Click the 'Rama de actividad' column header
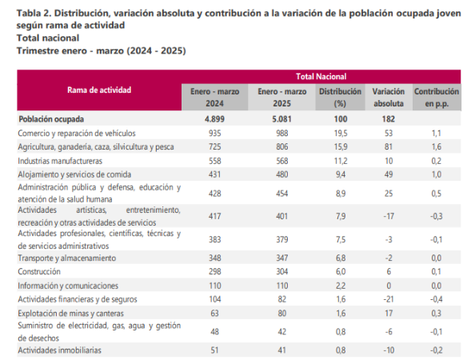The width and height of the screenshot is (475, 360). click(x=99, y=90)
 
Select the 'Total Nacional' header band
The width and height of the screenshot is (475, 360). click(x=321, y=76)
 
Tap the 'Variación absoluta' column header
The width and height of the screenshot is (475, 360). click(x=389, y=98)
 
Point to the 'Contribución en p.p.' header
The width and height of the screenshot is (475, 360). click(x=437, y=98)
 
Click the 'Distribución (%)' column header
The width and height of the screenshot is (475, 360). click(x=340, y=98)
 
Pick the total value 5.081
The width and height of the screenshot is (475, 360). click(x=281, y=118)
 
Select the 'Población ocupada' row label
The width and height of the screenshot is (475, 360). click(x=51, y=119)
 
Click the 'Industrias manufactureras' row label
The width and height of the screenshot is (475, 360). click(x=60, y=161)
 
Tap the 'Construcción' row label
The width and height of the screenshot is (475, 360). click(x=39, y=271)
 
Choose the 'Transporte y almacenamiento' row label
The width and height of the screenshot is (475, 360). click(x=67, y=258)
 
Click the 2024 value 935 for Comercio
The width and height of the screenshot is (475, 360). click(x=215, y=133)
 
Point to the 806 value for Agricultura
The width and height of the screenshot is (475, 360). click(x=282, y=147)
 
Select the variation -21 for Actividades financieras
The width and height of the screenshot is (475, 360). click(x=389, y=299)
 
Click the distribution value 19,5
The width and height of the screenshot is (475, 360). click(x=341, y=133)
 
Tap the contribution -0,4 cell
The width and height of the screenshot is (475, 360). click(x=437, y=299)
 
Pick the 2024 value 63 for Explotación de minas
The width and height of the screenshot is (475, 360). click(x=214, y=313)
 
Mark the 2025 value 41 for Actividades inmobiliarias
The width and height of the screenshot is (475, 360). click(x=282, y=350)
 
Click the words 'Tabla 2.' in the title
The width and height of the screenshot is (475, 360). click(x=34, y=14)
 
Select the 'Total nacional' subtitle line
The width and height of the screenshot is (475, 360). click(x=48, y=38)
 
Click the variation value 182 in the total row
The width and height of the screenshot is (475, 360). click(x=389, y=118)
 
